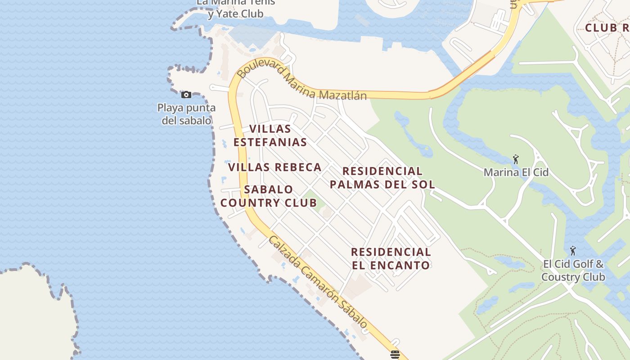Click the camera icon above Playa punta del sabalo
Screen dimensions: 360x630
[x=186, y=94]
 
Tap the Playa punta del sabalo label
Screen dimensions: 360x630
[x=186, y=114]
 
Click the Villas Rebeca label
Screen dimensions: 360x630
[x=274, y=167]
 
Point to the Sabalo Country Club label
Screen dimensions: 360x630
[x=269, y=196]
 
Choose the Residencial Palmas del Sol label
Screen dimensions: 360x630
[x=382, y=178]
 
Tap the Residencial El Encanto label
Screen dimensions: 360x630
[x=391, y=258]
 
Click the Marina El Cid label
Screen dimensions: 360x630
[x=516, y=172]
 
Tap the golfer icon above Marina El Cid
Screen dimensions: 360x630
[x=516, y=159]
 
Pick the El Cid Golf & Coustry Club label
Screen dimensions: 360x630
[x=573, y=270]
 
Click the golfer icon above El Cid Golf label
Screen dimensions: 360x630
[x=573, y=251]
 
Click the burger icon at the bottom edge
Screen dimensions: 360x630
[x=395, y=355]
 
